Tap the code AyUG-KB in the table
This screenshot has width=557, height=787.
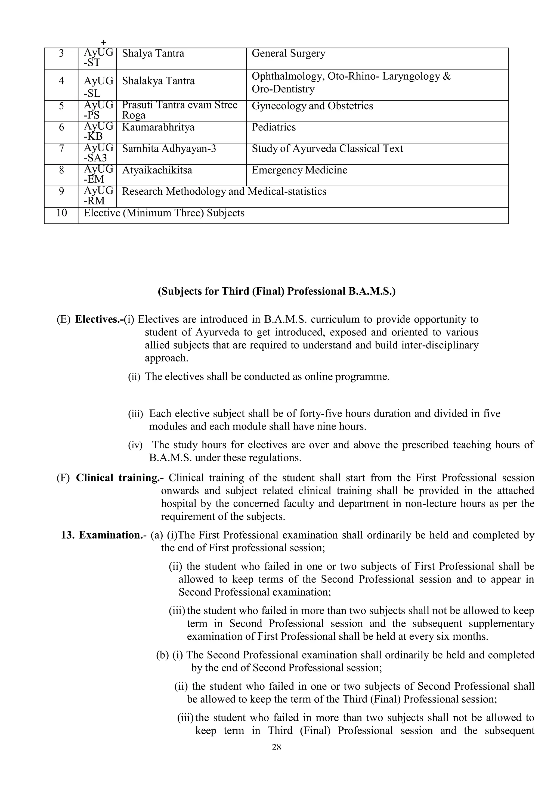[98, 132]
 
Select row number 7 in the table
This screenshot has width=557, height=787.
[61, 149]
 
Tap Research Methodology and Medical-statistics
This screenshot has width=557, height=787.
[224, 192]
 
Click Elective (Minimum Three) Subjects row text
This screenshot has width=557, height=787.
[164, 213]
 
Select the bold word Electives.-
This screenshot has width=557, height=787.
[99, 319]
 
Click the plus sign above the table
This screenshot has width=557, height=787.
[104, 42]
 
